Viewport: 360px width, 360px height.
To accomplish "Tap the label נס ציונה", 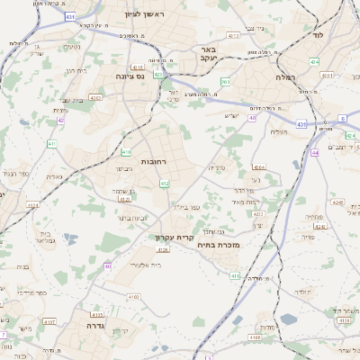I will pyautogui.click(x=112, y=76).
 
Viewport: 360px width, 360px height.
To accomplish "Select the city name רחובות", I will pyautogui.click(x=130, y=161).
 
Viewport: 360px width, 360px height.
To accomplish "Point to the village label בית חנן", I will pyautogui.click(x=76, y=70).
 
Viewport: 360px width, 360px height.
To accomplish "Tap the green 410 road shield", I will pyautogui.click(x=126, y=152).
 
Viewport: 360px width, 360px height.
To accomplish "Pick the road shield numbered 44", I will pyautogui.click(x=315, y=153).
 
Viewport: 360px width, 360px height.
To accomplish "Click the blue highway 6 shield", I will pyautogui.click(x=343, y=118).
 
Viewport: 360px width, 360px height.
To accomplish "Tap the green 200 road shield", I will pyautogui.click(x=225, y=82).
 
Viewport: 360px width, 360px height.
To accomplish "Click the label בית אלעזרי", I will pyautogui.click(x=144, y=265).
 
